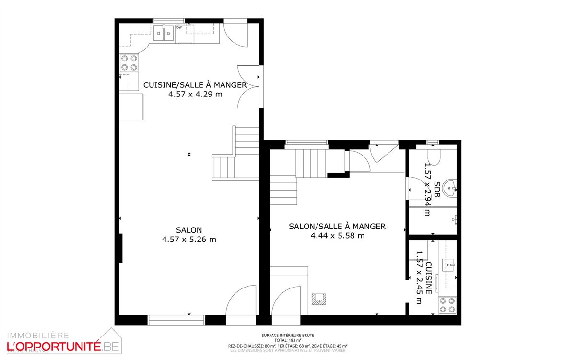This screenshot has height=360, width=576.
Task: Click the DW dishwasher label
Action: (x=179, y=28)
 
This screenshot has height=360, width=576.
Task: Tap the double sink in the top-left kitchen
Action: (x=164, y=33)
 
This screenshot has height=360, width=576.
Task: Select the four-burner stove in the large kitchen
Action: (x=129, y=62)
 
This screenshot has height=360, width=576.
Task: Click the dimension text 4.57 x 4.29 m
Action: (x=195, y=95)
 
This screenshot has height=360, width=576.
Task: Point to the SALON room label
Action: (x=189, y=230)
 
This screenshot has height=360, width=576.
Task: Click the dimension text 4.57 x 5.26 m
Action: (x=189, y=240)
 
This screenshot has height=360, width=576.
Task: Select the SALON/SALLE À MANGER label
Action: (x=337, y=226)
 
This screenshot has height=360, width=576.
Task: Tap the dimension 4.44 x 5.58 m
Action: (x=337, y=235)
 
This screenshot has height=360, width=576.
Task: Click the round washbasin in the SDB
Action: (x=450, y=188)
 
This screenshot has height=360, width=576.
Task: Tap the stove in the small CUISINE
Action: (x=447, y=305)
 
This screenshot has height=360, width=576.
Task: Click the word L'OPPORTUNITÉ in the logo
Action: (x=52, y=346)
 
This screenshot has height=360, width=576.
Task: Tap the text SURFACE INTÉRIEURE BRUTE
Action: (x=288, y=336)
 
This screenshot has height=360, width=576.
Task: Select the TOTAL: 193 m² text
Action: (x=288, y=340)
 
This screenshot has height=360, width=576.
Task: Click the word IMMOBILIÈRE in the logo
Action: (x=37, y=335)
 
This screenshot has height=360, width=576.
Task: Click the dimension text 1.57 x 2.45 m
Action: (x=420, y=277)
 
